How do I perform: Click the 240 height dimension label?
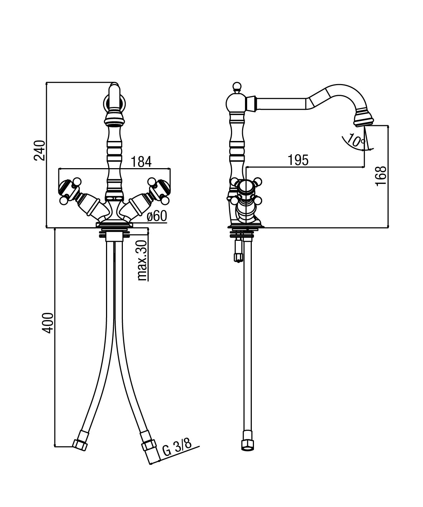pyautogui.click(x=40, y=150)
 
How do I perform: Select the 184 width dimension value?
pyautogui.click(x=141, y=162)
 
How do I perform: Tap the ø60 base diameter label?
pyautogui.click(x=157, y=216)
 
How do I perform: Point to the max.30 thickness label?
pyautogui.click(x=143, y=260)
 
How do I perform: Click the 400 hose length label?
pyautogui.click(x=47, y=323)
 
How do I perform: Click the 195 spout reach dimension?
pyautogui.click(x=298, y=160)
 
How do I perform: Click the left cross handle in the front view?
pyautogui.click(x=70, y=191)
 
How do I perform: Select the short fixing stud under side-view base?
pyautogui.click(x=238, y=250)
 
